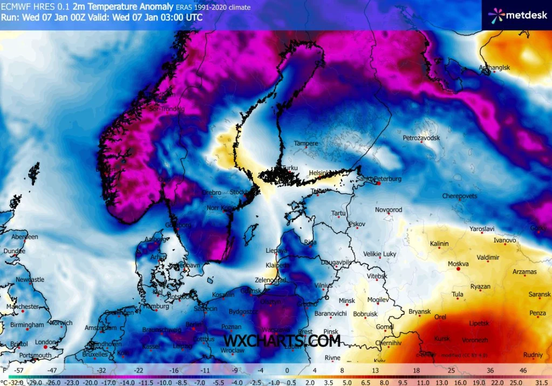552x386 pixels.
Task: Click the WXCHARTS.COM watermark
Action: pyautogui.click(x=282, y=341)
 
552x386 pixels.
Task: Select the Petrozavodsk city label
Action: pyautogui.click(x=421, y=138)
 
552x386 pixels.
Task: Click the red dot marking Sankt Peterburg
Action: pyautogui.click(x=379, y=184)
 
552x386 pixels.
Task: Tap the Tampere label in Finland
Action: pyautogui.click(x=306, y=144)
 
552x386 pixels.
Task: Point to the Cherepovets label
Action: pyautogui.click(x=459, y=196)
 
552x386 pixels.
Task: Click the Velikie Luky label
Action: pyautogui.click(x=380, y=254)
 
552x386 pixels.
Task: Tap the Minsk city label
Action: pyautogui.click(x=346, y=301)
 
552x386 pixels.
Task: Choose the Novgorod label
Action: pyautogui.click(x=389, y=209)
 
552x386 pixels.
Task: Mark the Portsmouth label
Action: pyautogui.click(x=35, y=355)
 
